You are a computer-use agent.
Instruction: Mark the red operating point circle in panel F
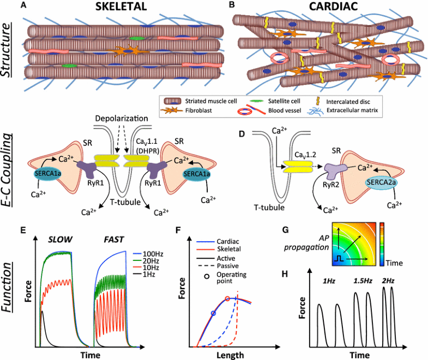click(x=227, y=299)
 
